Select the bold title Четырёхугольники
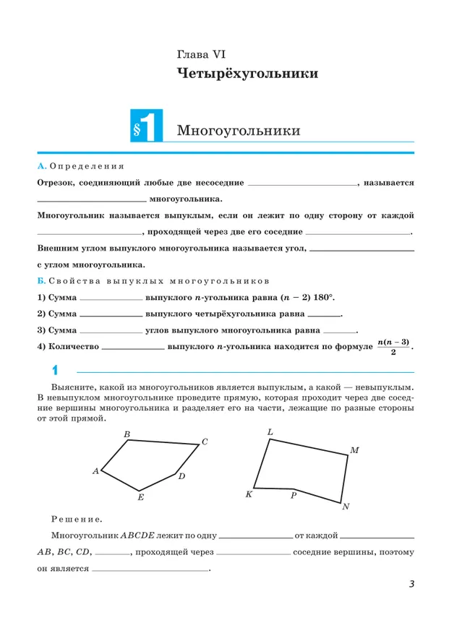(x=247, y=74)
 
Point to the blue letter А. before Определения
(x=41, y=166)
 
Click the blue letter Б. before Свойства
(x=41, y=279)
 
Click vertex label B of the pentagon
(x=127, y=434)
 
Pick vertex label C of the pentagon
(x=205, y=442)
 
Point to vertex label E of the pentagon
(x=140, y=497)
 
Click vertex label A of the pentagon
(x=95, y=471)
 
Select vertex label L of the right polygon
(x=270, y=432)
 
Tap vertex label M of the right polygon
(x=354, y=450)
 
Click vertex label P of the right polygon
(x=294, y=496)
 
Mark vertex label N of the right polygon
(x=346, y=507)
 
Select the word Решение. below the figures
(x=77, y=518)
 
